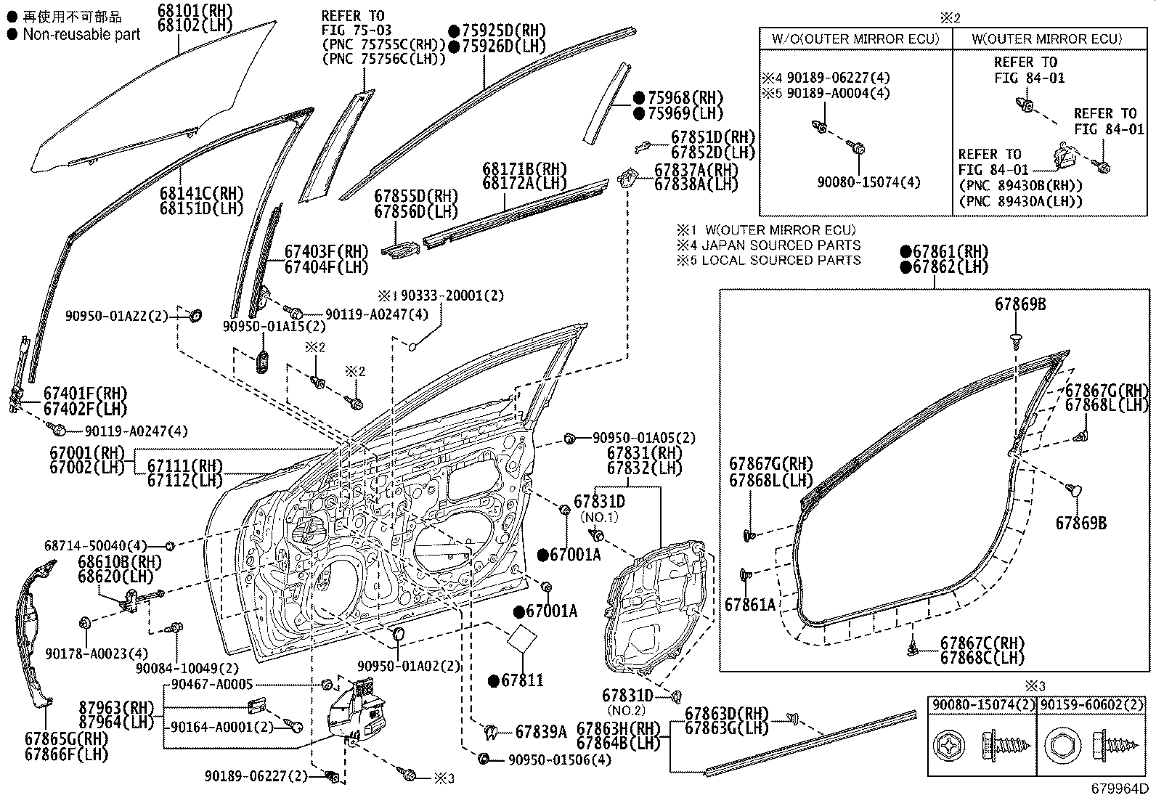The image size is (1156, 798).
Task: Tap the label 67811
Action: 522,681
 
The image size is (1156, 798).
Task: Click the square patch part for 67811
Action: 520,639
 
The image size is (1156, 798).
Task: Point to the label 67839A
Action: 540,732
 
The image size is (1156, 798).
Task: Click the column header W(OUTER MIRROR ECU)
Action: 1048,38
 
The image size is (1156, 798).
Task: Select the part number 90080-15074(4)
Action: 868,182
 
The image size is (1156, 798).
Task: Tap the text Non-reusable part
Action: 81,34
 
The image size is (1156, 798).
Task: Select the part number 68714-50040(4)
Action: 95,545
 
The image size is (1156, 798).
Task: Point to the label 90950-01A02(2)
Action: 409,667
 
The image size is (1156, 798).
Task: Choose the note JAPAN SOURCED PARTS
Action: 781,245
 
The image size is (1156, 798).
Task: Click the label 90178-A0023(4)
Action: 106,653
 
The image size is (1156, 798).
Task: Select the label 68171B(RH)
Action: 524,168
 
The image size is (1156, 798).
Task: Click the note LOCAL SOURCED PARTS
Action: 781,261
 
